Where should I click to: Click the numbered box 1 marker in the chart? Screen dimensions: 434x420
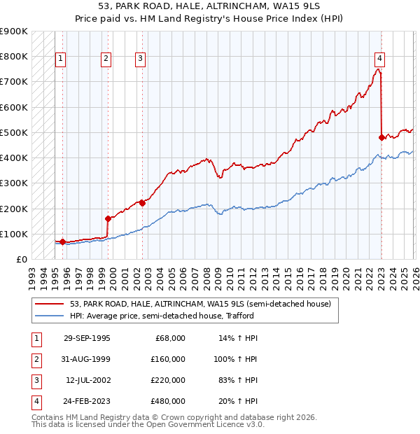click(x=62, y=59)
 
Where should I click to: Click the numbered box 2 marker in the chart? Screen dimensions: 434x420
click(x=106, y=59)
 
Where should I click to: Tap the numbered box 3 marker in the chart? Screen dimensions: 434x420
click(x=141, y=59)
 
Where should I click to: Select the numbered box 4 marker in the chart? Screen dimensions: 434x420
click(x=379, y=59)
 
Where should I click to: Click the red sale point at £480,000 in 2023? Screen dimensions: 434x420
click(x=381, y=137)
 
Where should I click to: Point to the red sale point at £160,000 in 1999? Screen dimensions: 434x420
click(x=108, y=218)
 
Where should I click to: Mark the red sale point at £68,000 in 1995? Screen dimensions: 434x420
click(x=63, y=242)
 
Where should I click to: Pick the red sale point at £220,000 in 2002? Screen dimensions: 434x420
click(x=142, y=203)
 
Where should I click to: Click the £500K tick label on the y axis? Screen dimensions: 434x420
click(x=14, y=132)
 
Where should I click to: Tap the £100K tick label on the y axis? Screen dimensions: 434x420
click(x=14, y=234)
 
